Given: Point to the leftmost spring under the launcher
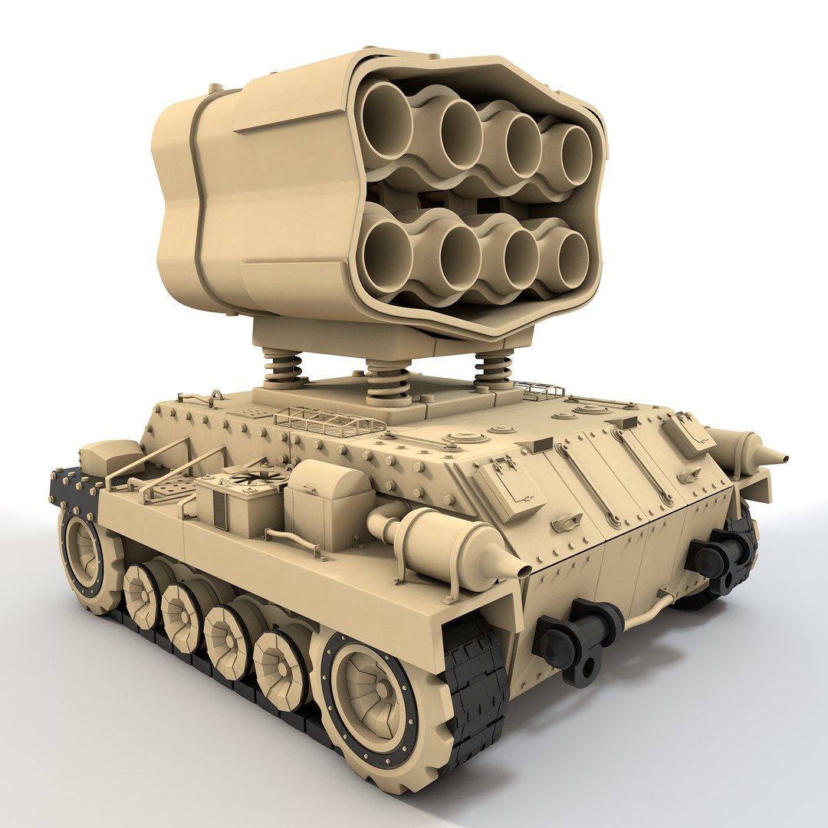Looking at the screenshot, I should pos(283,368).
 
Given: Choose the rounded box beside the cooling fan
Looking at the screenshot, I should pos(330,503).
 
